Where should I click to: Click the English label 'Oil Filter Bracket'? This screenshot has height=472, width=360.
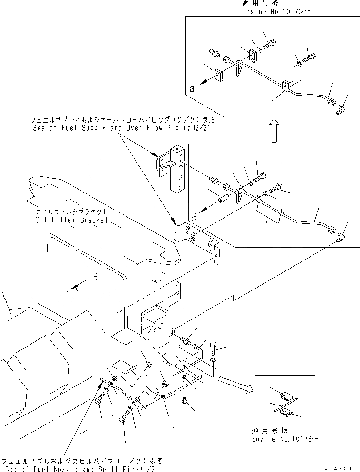coord(71,220)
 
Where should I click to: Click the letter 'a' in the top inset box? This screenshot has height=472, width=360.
coord(191,88)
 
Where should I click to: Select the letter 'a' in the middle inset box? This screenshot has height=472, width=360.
coord(194,215)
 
